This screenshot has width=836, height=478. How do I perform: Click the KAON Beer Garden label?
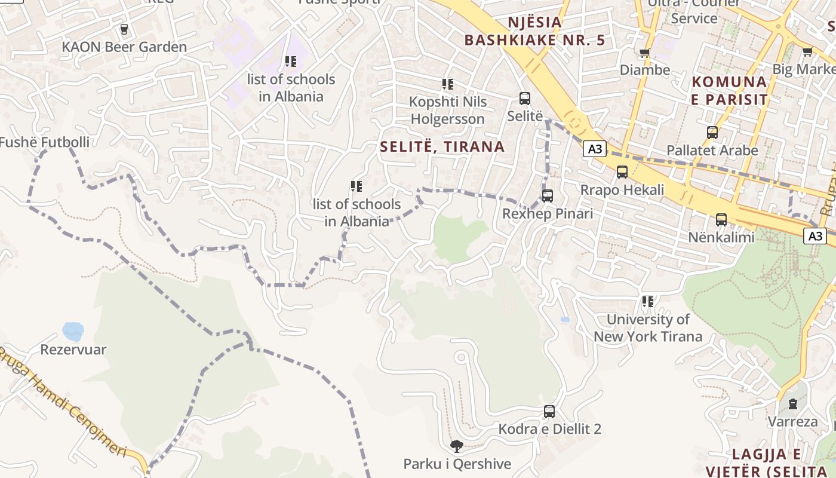click(x=124, y=47)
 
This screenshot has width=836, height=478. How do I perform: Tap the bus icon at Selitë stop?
click(x=525, y=99)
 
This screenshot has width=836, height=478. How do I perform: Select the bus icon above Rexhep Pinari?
click(x=548, y=195)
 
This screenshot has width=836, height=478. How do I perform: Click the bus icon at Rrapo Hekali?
click(x=622, y=172)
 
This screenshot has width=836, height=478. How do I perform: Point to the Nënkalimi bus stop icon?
click(x=721, y=219)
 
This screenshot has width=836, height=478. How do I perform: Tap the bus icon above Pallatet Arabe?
click(x=712, y=133)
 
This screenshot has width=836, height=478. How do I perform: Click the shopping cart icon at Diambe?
click(x=644, y=53)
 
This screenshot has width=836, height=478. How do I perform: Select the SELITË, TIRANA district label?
click(x=442, y=146)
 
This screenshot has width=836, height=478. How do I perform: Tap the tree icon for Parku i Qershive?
click(x=457, y=446)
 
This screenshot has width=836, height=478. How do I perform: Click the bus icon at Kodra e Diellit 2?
click(x=549, y=411)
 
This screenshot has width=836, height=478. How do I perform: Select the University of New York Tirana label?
click(x=648, y=328)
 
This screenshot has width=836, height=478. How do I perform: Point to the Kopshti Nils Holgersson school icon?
click(x=447, y=84)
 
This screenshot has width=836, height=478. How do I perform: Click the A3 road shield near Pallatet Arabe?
click(x=595, y=149)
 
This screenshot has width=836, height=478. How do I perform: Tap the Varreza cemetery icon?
click(x=792, y=404)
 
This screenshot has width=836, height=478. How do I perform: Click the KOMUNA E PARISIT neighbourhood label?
click(x=729, y=90)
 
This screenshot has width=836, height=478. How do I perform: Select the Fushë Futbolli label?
click(x=45, y=142)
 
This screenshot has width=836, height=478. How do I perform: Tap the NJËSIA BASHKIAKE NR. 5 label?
click(x=534, y=32)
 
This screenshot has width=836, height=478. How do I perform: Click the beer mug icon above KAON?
click(x=124, y=29)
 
